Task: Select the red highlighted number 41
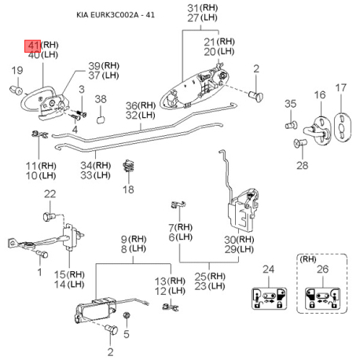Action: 34,45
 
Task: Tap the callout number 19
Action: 16,72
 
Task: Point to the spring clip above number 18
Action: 130,167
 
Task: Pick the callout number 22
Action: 50,194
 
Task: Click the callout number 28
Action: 303,166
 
